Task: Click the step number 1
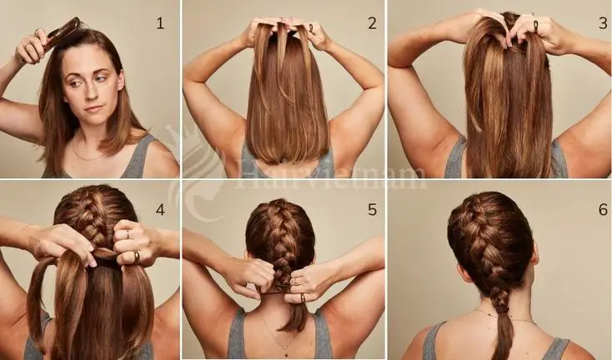[x=160, y=22]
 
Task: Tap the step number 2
[x=372, y=22]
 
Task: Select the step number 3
[x=602, y=22]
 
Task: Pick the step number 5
[x=372, y=209]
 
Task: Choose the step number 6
[x=602, y=209]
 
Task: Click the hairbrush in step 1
[x=63, y=34]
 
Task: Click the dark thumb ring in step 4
[x=137, y=256]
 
